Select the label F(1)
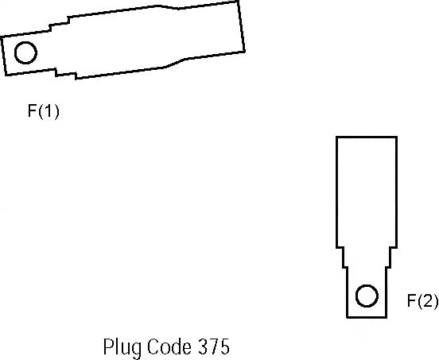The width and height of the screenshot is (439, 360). click(x=44, y=111)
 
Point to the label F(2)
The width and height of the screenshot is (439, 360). click(x=422, y=301)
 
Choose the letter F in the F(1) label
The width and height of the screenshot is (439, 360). click(x=32, y=110)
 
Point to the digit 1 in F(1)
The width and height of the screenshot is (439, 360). click(x=49, y=110)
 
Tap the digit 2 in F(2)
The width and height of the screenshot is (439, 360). click(x=427, y=300)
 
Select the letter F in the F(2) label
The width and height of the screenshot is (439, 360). click(x=412, y=300)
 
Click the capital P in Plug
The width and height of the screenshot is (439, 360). click(x=108, y=346)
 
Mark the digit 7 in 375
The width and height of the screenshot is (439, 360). click(x=214, y=346)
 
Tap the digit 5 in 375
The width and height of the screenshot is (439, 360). click(x=225, y=346)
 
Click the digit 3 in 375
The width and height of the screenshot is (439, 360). click(x=203, y=346)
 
